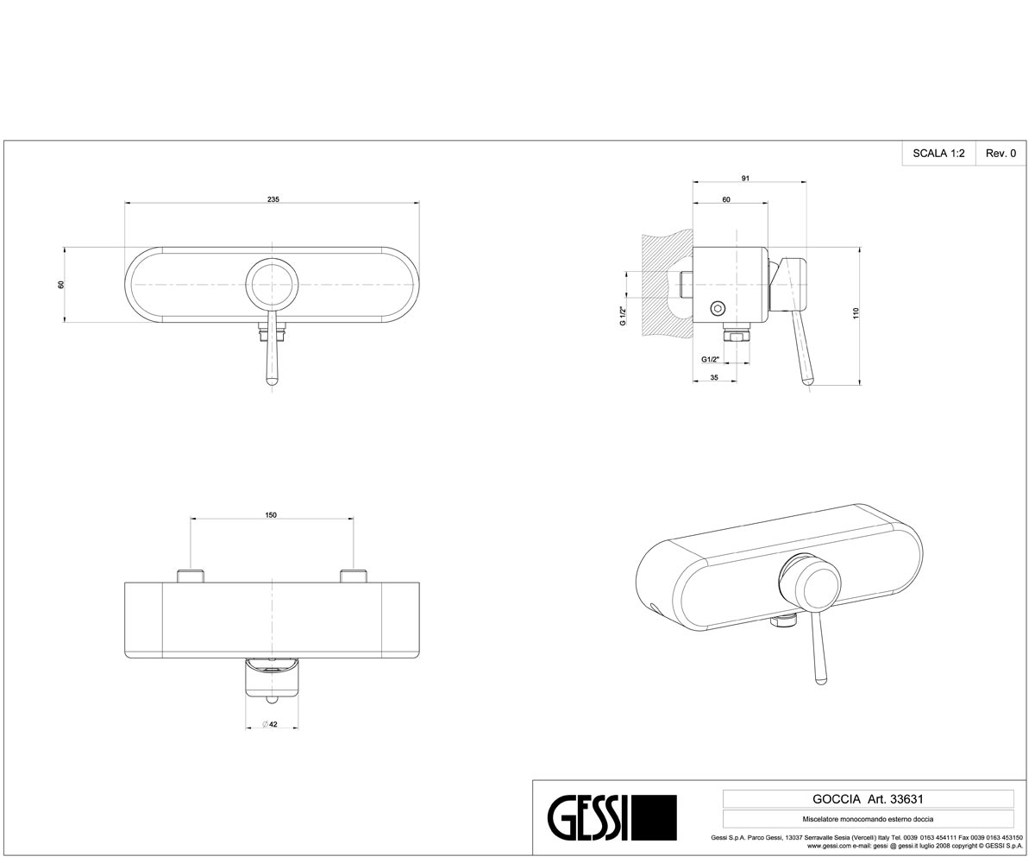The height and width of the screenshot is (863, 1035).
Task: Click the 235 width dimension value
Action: pyautogui.click(x=273, y=199)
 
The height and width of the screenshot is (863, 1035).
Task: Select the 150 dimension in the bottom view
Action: pyautogui.click(x=271, y=515)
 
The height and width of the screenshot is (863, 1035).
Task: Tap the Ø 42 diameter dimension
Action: pyautogui.click(x=270, y=724)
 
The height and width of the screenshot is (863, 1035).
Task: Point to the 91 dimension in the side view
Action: pyautogui.click(x=745, y=178)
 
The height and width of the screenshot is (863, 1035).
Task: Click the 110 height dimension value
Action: pyautogui.click(x=856, y=313)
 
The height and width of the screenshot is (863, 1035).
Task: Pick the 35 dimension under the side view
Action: pyautogui.click(x=714, y=377)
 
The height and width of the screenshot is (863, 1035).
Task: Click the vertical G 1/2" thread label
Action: pyautogui.click(x=623, y=316)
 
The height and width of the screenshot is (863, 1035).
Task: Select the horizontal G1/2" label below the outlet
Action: pyautogui.click(x=710, y=359)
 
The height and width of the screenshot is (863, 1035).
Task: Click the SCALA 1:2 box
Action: pyautogui.click(x=939, y=154)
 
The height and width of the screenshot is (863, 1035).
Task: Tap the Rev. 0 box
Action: pyautogui.click(x=1000, y=154)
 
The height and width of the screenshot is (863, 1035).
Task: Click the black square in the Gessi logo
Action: pyautogui.click(x=653, y=817)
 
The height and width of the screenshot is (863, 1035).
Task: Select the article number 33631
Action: pyautogui.click(x=907, y=799)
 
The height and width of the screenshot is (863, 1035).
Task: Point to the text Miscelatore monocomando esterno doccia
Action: pyautogui.click(x=868, y=819)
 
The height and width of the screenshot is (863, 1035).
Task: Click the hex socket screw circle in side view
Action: pyautogui.click(x=718, y=308)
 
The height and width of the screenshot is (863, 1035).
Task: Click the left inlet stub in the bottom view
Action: pyautogui.click(x=191, y=576)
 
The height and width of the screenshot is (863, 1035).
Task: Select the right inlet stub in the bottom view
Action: pyautogui.click(x=354, y=576)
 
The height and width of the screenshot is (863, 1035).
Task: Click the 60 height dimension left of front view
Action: pyautogui.click(x=61, y=285)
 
